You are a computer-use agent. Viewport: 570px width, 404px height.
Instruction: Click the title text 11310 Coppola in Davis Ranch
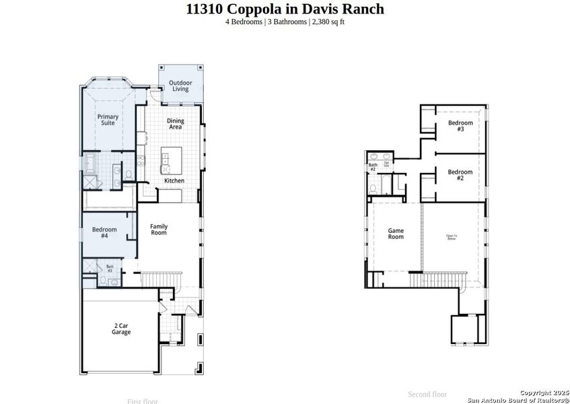[x=285, y=9]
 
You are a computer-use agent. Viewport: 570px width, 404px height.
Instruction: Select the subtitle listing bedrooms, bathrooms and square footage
[x=285, y=22]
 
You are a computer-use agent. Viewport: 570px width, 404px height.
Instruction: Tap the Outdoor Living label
[x=180, y=86]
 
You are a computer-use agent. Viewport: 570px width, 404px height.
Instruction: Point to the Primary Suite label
[x=108, y=120]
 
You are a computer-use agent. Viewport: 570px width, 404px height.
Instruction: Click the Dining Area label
[x=175, y=124]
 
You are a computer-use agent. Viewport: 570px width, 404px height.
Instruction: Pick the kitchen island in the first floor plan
[x=166, y=160]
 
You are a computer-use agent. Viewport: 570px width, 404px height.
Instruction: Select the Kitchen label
[x=174, y=180]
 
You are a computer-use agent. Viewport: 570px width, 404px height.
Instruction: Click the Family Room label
[x=158, y=230]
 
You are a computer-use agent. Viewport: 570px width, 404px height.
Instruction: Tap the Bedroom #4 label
[x=104, y=233]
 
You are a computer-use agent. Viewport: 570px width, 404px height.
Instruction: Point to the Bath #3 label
[x=110, y=269]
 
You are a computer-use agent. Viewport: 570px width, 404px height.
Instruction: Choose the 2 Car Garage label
[x=121, y=329]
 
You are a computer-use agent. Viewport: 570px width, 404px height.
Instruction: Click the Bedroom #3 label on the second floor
[x=460, y=126]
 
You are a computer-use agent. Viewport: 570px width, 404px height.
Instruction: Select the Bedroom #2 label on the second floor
[x=460, y=175]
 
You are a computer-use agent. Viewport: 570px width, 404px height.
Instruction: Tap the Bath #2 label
[x=372, y=167]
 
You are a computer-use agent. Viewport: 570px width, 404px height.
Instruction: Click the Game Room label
[x=396, y=234]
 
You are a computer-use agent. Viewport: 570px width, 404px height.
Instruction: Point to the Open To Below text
[x=451, y=237]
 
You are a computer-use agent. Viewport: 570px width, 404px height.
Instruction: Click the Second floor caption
[x=427, y=394]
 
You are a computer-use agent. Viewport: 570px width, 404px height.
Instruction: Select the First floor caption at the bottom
[x=143, y=401]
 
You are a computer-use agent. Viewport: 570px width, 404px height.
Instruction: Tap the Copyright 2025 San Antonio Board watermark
[x=522, y=396]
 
